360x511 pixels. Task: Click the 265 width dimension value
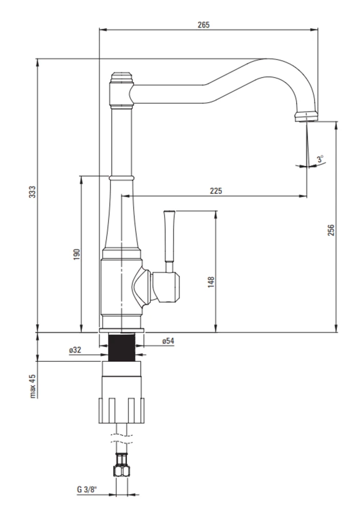204,25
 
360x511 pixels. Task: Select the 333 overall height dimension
32,192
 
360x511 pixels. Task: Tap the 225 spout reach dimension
216,191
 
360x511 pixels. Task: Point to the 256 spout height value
331,230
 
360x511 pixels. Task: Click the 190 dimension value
76,254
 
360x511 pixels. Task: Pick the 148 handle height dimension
211,282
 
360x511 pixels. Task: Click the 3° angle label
321,159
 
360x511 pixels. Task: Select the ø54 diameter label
168,341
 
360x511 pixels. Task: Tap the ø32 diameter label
75,350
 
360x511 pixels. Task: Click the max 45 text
32,386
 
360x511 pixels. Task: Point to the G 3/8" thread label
87,490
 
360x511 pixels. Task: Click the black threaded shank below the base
121,347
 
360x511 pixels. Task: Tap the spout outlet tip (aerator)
306,117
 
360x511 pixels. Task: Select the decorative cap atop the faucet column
122,78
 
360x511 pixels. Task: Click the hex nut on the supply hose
121,471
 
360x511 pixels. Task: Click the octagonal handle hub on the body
166,287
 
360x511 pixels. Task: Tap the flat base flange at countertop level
121,331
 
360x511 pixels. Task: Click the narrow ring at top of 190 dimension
121,178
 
